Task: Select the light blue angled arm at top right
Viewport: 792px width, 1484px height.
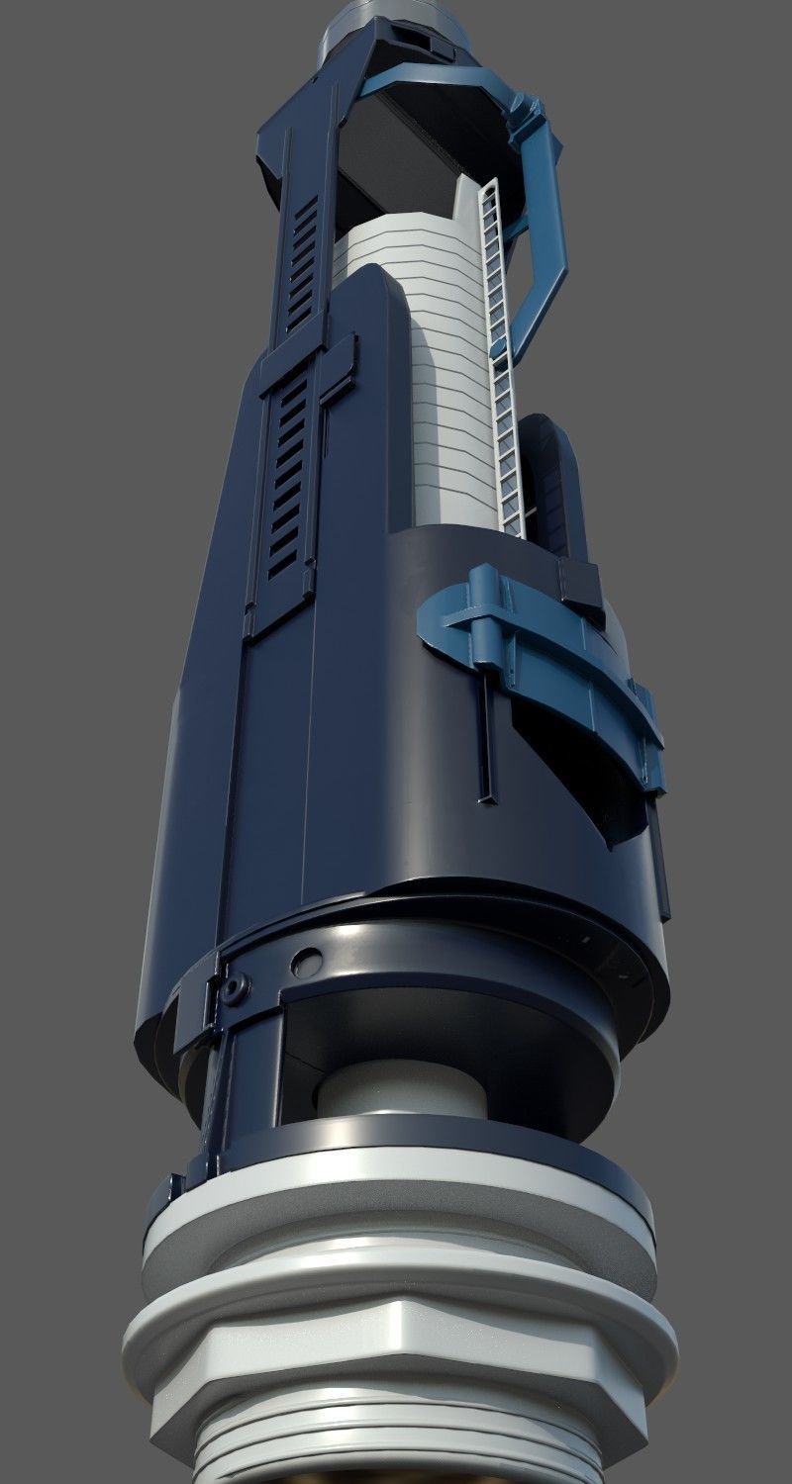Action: click(540, 228)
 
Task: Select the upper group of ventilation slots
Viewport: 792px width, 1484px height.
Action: click(303, 262)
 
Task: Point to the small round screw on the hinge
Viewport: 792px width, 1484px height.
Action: click(234, 988)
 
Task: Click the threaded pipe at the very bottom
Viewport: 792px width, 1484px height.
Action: click(396, 1454)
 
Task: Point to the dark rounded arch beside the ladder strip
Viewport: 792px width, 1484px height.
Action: click(549, 475)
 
